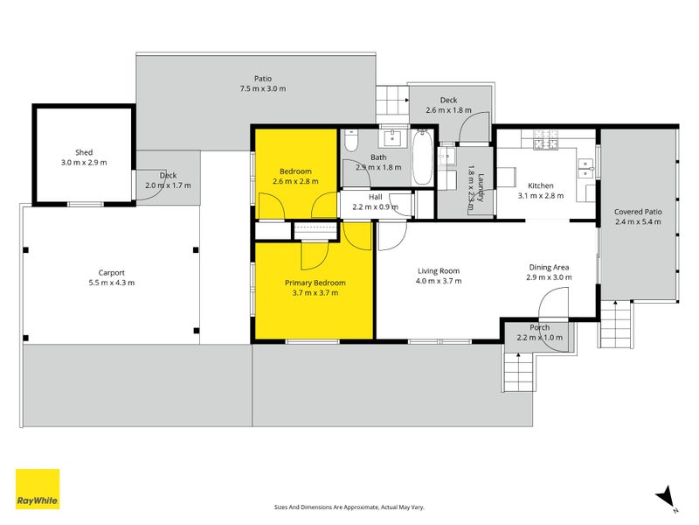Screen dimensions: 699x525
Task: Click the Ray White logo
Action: pos(38,489)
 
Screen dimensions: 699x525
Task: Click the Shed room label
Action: pos(84,152)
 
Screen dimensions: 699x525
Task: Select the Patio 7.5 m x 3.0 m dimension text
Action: pos(263,88)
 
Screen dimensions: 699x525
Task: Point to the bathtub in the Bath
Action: pos(422,157)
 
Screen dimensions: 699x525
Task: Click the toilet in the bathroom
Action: pos(351,141)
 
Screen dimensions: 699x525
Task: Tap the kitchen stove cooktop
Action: pos(546,139)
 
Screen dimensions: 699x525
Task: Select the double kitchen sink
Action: pos(585,169)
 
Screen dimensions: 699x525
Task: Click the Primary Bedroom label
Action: pos(315,283)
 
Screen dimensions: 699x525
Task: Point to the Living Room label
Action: pos(439,271)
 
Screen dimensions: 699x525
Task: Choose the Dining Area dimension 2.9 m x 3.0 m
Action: pos(549,277)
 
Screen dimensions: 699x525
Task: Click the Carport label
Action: pos(112,273)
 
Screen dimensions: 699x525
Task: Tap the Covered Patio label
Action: pos(638,212)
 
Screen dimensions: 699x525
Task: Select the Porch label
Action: pos(539,327)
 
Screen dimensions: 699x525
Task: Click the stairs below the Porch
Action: pos(518,371)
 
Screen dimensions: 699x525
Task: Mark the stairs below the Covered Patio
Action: pos(615,324)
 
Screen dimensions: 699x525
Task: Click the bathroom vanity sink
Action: pos(392,138)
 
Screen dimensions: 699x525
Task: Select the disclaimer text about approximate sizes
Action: pos(349,507)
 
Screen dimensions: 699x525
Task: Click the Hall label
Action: pos(376,197)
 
